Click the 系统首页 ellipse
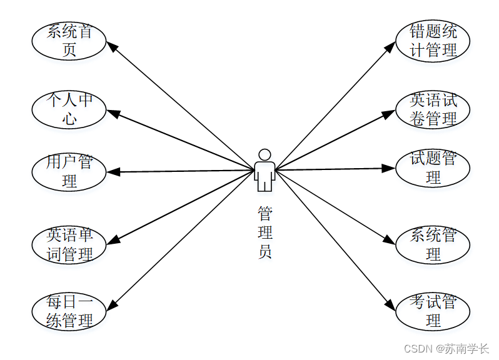pyautogui.click(x=69, y=41)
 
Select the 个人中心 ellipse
pyautogui.click(x=69, y=109)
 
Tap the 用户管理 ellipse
pyautogui.click(x=69, y=171)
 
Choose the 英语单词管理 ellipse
pyautogui.click(x=69, y=244)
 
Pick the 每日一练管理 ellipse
pyautogui.click(x=69, y=311)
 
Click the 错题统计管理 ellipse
pyautogui.click(x=433, y=41)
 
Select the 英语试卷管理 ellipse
pyautogui.click(x=433, y=109)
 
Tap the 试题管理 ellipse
pyautogui.click(x=433, y=167)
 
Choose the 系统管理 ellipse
pyautogui.click(x=433, y=244)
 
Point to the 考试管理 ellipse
pyautogui.click(x=433, y=311)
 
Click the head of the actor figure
pyautogui.click(x=265, y=154)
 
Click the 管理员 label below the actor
pyautogui.click(x=265, y=233)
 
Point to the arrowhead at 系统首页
pyautogui.click(x=111, y=46)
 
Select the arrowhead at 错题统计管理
pyautogui.click(x=392, y=47)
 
